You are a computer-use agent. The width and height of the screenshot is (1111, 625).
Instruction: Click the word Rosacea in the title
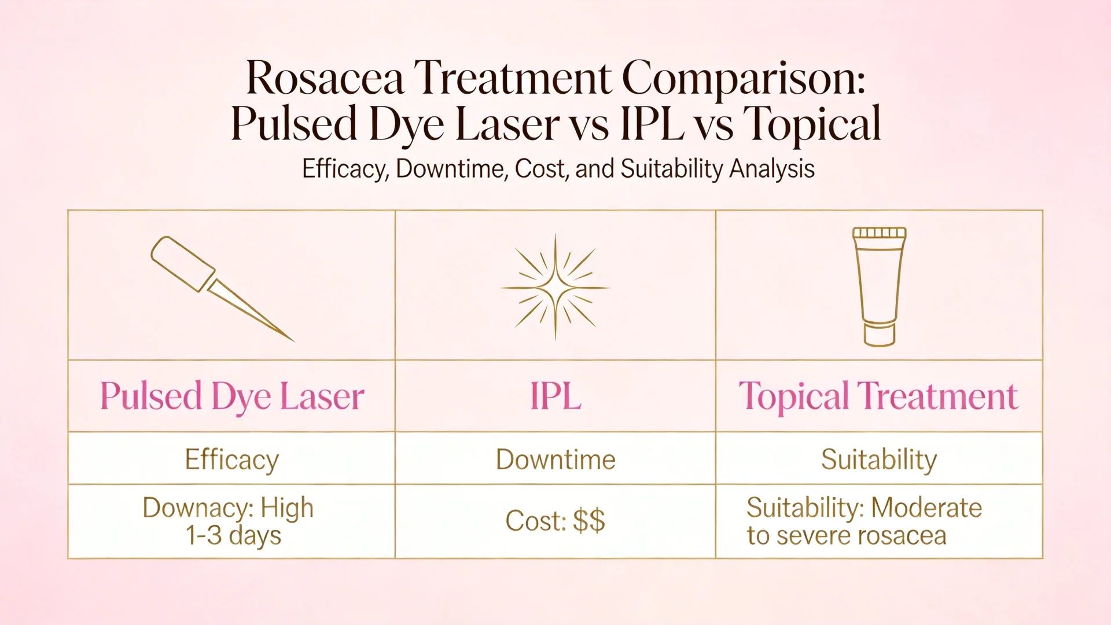tap(325, 78)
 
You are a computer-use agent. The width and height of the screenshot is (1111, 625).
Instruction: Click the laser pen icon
tap(223, 288)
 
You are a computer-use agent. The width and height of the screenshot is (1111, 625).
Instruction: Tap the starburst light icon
tap(555, 287)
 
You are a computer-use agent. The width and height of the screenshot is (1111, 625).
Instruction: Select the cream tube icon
tap(880, 286)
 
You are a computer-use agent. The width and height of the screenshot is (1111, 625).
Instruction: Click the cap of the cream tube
tap(880, 334)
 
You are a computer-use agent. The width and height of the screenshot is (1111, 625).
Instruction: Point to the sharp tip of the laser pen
tap(293, 341)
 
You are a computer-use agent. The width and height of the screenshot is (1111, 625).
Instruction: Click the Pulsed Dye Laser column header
tap(232, 397)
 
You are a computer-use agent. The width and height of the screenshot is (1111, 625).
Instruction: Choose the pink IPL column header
tap(555, 396)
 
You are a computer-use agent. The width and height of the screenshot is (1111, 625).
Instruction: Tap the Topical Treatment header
tap(878, 397)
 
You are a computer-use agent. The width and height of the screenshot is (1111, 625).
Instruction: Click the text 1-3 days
tap(233, 535)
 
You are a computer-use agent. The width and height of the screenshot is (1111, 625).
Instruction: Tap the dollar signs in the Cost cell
tap(589, 520)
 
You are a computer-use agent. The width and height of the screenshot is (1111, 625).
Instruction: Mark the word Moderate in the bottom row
tap(926, 508)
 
